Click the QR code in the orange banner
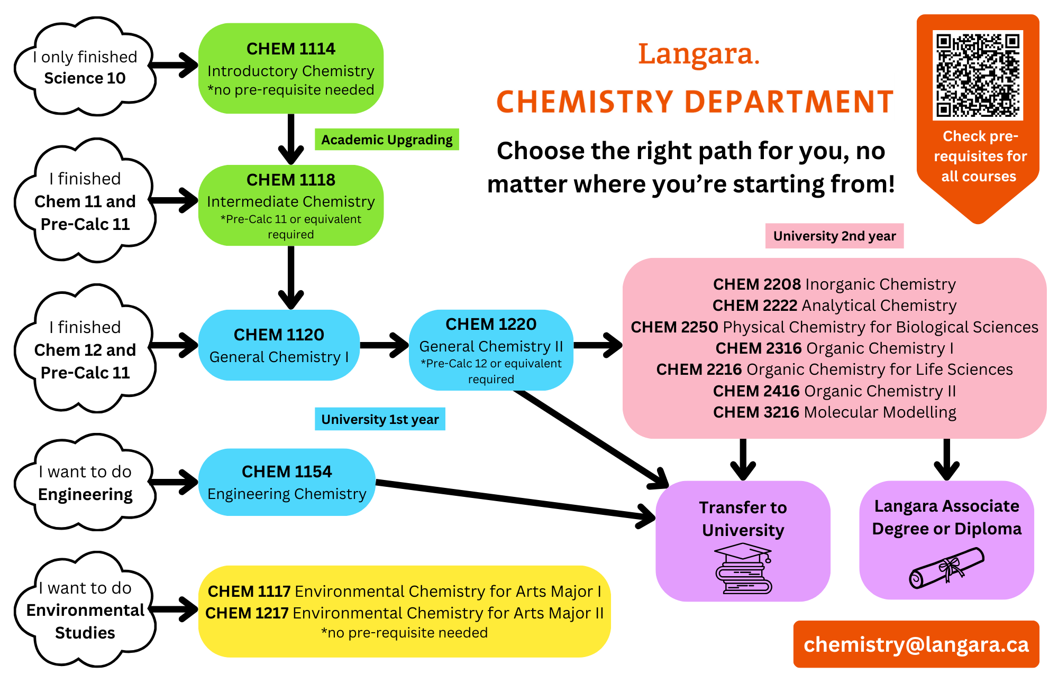tap(978, 75)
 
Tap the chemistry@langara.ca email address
tap(916, 644)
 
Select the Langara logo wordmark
tap(698, 54)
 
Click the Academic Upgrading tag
tap(387, 140)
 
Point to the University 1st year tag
tap(380, 419)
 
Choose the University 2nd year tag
tap(834, 236)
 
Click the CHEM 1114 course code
tap(290, 49)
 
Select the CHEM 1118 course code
tap(290, 180)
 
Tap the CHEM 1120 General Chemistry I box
tap(279, 345)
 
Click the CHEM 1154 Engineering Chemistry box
tap(287, 482)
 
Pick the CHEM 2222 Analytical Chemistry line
tap(834, 306)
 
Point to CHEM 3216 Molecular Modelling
tap(834, 412)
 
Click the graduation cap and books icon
tap(743, 570)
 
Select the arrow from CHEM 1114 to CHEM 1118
tap(291, 139)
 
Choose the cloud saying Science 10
tap(85, 67)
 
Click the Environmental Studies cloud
tap(85, 610)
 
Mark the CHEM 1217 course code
tap(247, 613)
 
